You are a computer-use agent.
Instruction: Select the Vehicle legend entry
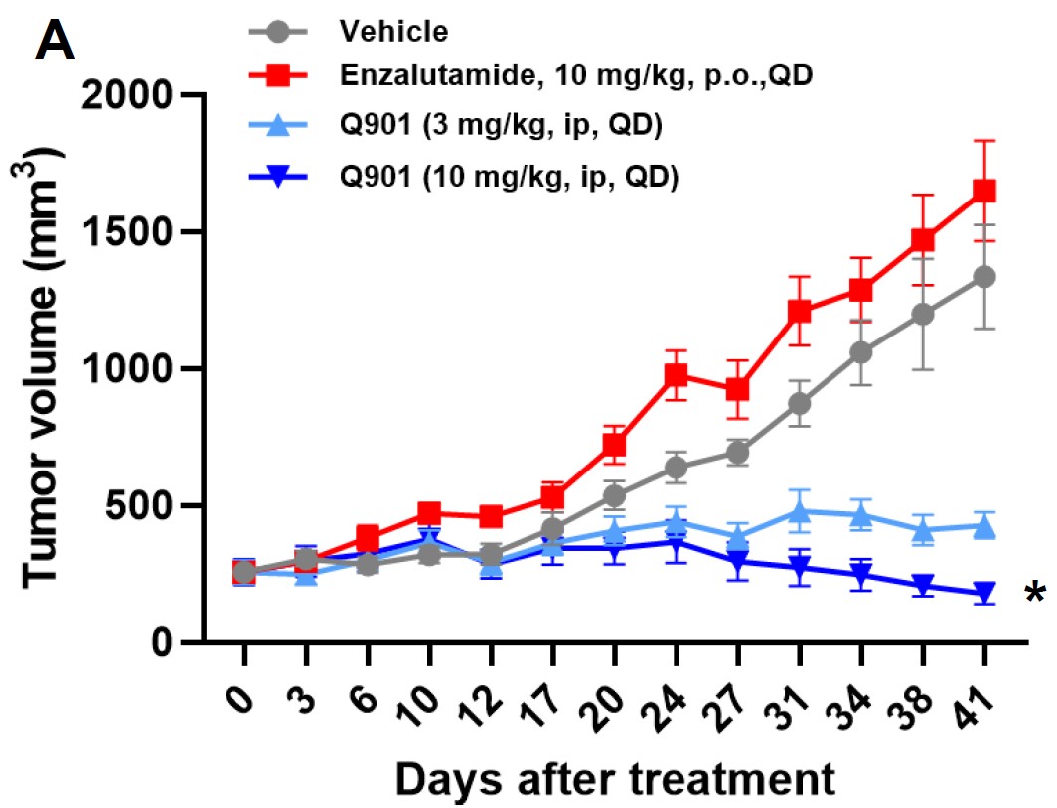pos(392,31)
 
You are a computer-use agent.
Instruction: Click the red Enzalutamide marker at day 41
pos(984,191)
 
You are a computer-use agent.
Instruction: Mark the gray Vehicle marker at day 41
pos(984,277)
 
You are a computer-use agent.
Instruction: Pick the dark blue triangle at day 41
pos(984,594)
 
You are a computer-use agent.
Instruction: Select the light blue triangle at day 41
pos(984,526)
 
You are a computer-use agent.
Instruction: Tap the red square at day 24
pos(677,375)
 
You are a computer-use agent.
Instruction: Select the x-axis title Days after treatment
pos(614,780)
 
